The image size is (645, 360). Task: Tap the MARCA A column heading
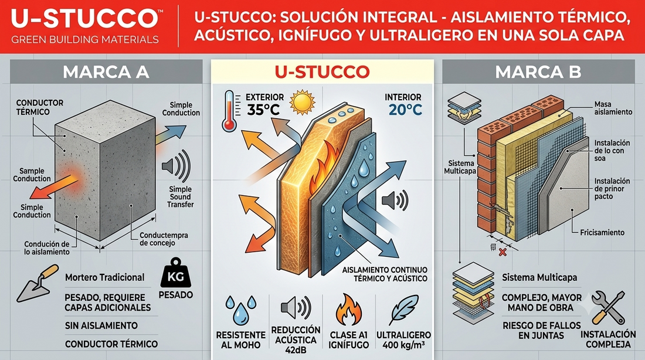point(106,72)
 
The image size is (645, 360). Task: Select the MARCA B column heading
point(538,72)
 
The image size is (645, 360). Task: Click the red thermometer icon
point(229,111)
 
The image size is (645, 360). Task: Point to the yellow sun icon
point(303,103)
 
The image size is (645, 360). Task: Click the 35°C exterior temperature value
point(263,110)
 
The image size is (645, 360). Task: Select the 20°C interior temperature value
point(405,110)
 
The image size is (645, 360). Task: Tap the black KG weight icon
point(176,273)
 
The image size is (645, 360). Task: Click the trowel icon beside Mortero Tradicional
point(38,283)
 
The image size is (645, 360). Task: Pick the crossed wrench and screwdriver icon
point(608,308)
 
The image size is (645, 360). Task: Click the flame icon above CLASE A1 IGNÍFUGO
point(348,310)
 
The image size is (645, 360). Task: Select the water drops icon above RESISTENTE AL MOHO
point(241,310)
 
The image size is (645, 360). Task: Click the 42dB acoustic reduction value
point(296,350)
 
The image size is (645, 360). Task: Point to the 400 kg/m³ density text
point(403,345)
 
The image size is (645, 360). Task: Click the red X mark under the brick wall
point(503,252)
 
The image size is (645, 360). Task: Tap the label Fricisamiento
point(602,232)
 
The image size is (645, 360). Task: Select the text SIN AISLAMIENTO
point(101,325)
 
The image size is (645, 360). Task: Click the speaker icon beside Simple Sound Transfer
point(176,166)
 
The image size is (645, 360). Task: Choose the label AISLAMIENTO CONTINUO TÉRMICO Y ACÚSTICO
point(385,274)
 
